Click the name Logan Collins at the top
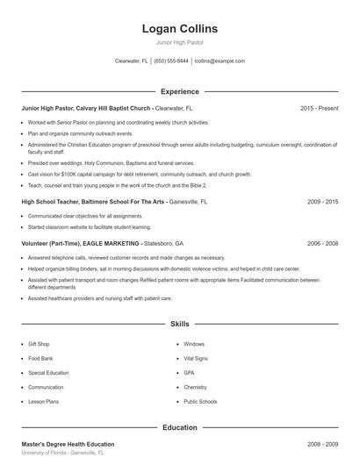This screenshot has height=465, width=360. pyautogui.click(x=179, y=29)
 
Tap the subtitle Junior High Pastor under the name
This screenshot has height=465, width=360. pyautogui.click(x=179, y=42)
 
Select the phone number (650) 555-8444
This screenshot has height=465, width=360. pyautogui.click(x=171, y=61)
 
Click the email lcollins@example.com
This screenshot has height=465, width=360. pyautogui.click(x=220, y=61)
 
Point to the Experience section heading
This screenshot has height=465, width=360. pyautogui.click(x=179, y=91)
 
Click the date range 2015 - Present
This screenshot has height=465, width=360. pyautogui.click(x=319, y=108)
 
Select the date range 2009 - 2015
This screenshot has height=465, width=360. pyautogui.click(x=322, y=201)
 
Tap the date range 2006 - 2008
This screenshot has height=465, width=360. pyautogui.click(x=322, y=243)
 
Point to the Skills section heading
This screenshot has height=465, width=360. pyautogui.click(x=179, y=325)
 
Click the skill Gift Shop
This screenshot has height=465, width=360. pyautogui.click(x=39, y=344)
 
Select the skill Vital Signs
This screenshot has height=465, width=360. pyautogui.click(x=196, y=358)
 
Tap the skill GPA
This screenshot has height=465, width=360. pyautogui.click(x=189, y=372)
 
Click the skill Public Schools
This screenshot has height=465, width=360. pyautogui.click(x=200, y=401)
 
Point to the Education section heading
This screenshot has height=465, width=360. pyautogui.click(x=179, y=427)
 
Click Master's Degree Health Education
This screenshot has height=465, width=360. pyautogui.click(x=68, y=444)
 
